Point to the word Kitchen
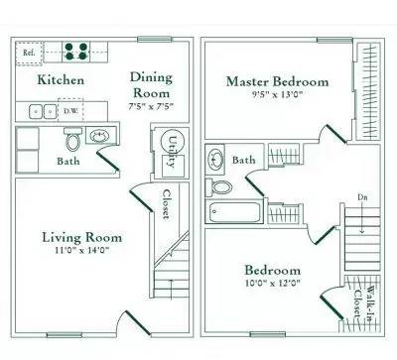click(61, 80)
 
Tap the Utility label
click(172, 148)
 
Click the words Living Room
click(81, 237)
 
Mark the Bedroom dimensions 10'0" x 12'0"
click(272, 284)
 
